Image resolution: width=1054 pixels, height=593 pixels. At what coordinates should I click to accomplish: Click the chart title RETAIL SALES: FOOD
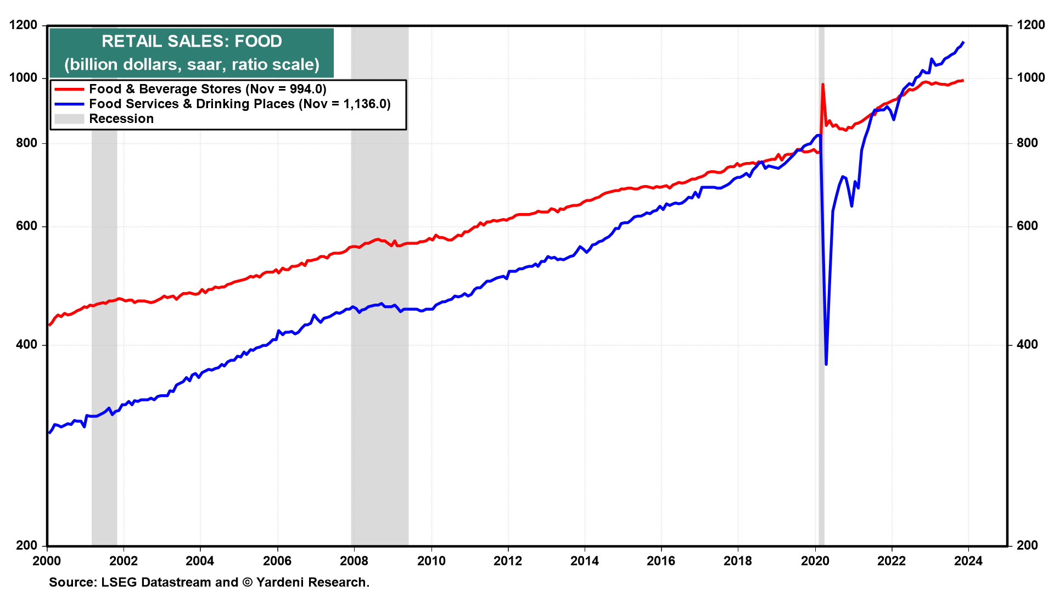click(192, 41)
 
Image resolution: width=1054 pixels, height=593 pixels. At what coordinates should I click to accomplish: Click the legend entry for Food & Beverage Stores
click(208, 89)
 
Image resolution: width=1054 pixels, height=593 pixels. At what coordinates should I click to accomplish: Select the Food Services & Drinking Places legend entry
click(239, 104)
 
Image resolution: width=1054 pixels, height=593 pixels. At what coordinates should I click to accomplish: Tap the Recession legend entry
click(121, 119)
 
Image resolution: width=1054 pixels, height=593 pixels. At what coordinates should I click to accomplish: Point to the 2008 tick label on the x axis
click(354, 561)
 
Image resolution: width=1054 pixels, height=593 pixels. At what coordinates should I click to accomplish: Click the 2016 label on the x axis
click(661, 561)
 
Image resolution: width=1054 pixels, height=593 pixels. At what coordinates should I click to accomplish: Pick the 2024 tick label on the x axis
click(968, 561)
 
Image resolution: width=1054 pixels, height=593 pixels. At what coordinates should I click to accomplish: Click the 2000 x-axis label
click(47, 561)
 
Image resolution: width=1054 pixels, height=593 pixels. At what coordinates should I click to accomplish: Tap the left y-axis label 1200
click(23, 25)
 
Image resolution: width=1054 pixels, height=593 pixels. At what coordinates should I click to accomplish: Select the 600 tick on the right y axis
click(1027, 226)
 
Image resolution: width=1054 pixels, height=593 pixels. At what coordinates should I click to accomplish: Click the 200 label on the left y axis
click(27, 545)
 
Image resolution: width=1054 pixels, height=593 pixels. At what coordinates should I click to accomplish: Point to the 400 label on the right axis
click(1027, 345)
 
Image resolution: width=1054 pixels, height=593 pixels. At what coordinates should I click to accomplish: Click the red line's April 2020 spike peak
click(822, 85)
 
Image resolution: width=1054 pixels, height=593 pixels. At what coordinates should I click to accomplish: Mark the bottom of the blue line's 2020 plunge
click(826, 363)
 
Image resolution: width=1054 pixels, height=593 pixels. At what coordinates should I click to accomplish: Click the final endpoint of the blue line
click(963, 42)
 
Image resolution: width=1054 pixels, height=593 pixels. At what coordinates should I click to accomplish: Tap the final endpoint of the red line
click(963, 81)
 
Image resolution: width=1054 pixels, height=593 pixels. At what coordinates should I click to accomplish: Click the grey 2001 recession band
click(104, 329)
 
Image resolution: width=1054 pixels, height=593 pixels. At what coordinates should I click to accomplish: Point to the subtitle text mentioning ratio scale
click(192, 64)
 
